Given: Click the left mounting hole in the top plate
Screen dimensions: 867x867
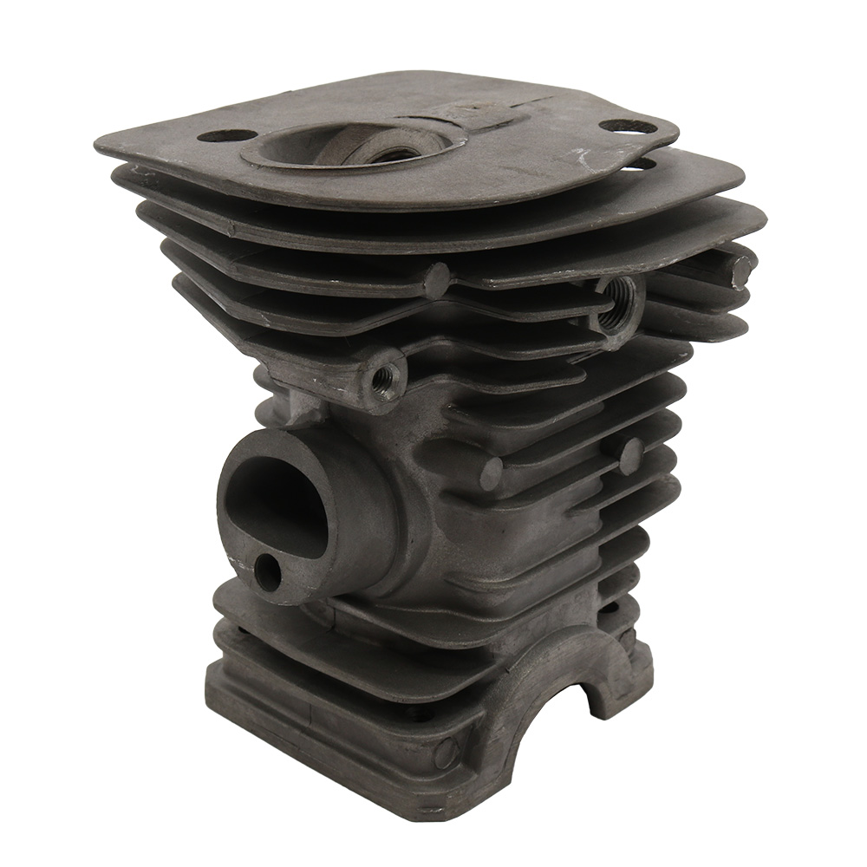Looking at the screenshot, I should click(x=226, y=135).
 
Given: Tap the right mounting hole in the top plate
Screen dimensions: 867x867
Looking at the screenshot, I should click(x=628, y=127).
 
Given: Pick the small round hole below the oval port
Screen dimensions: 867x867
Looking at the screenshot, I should click(x=267, y=572).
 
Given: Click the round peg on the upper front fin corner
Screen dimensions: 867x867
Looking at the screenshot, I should click(x=436, y=279).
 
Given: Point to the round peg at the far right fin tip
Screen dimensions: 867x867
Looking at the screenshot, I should click(x=741, y=271).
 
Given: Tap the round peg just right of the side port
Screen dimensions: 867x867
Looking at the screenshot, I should click(x=491, y=473).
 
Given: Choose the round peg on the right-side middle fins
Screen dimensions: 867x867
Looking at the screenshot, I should click(x=631, y=456).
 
